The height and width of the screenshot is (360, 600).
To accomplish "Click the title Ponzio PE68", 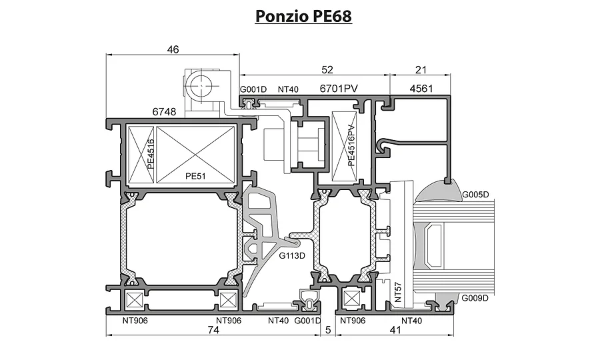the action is coord(303,17).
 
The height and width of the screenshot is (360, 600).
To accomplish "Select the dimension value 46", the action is coord(173,49).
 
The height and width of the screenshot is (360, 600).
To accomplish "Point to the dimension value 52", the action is coord(327,69).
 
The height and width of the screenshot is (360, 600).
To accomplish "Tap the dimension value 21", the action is coord(421,69).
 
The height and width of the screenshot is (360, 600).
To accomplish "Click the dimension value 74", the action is coord(213,330).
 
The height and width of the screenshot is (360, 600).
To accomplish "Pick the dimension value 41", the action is coord(395,330).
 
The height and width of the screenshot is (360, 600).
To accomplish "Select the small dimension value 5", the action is coord(328,330).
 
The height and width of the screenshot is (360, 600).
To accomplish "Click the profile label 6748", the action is coord(164,112).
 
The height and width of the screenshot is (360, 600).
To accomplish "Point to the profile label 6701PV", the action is coord(339,89).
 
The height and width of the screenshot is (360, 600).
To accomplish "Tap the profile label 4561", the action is coord(421,89).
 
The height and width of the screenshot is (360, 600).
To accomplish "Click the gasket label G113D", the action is coord(292,255).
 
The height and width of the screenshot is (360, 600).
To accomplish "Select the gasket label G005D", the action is coord(475,195).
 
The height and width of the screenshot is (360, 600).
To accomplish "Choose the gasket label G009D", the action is coord(475,298).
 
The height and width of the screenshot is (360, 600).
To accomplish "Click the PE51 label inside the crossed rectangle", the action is coord(195,176).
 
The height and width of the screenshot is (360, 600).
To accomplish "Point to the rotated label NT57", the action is coord(399,292).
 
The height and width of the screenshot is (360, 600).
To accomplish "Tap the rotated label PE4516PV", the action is coord(351,146).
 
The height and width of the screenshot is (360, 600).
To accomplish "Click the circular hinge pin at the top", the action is coord(201,85).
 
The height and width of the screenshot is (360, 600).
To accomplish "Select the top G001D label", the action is coord(253,89).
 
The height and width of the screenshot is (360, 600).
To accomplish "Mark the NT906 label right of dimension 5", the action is coord(353,321).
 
